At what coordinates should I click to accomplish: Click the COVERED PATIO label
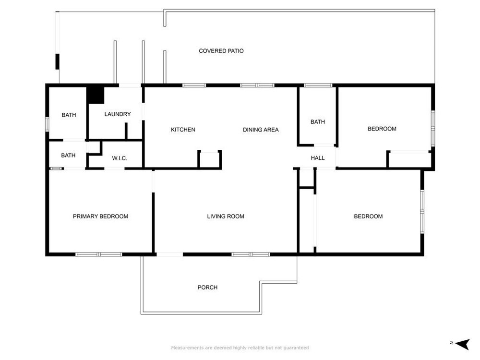tap(221, 51)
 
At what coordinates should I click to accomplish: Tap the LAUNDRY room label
tap(118, 114)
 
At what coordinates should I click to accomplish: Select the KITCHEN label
tap(183, 130)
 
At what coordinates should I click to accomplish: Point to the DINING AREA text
tap(261, 130)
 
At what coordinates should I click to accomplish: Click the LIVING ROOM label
tap(226, 216)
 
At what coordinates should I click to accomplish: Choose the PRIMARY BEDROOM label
tap(100, 216)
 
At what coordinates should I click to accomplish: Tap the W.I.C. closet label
tap(120, 158)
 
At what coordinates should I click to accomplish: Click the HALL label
tap(317, 158)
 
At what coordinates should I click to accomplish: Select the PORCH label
tap(207, 288)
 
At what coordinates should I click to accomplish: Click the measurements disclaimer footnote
tap(240, 348)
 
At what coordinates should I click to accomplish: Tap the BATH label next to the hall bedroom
tap(317, 122)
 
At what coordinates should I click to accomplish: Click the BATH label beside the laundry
tap(69, 115)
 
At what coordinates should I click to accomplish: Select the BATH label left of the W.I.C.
tap(68, 156)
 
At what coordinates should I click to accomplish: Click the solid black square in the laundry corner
tap(96, 95)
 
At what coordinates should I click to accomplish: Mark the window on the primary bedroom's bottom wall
tap(98, 254)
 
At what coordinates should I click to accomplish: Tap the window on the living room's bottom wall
tap(251, 254)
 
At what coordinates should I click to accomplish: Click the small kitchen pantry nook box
tap(210, 159)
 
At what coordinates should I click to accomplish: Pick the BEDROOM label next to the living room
tap(368, 216)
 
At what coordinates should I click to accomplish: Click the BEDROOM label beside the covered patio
tap(382, 129)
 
